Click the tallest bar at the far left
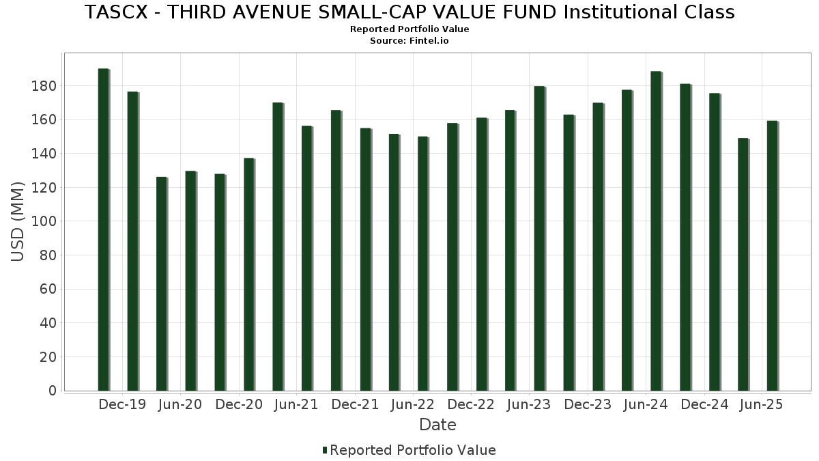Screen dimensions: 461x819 point(103,229)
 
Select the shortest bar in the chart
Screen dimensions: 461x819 point(161,283)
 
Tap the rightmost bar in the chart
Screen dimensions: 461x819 point(772,255)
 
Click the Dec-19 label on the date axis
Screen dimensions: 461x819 point(122,404)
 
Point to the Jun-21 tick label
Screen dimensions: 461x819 point(296,404)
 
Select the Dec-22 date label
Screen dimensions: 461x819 point(471,404)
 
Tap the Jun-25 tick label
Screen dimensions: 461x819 point(761,404)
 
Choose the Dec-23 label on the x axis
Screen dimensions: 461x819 point(587,404)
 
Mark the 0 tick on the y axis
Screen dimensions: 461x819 point(52,391)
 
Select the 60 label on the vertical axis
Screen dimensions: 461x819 point(48,289)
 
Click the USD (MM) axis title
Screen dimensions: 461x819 point(18,221)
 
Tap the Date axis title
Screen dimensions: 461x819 point(437,425)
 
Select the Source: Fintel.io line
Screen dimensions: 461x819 point(409,41)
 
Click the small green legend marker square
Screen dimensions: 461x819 point(325,450)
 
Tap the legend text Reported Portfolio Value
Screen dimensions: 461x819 point(413,450)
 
